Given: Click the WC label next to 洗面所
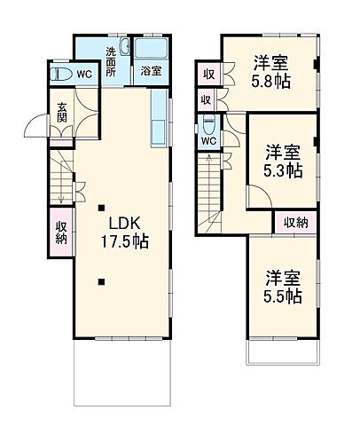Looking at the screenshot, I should pos(82,75).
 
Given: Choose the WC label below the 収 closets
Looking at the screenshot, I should pos(207,139).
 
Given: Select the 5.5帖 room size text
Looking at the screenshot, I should pos(281,295).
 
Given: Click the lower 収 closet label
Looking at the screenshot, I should pos(205,100).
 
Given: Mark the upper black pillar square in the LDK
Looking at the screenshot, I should pos(102,209).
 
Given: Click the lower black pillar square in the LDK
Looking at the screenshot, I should pos(102,283).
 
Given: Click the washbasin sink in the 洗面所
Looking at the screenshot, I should pos(124,49).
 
